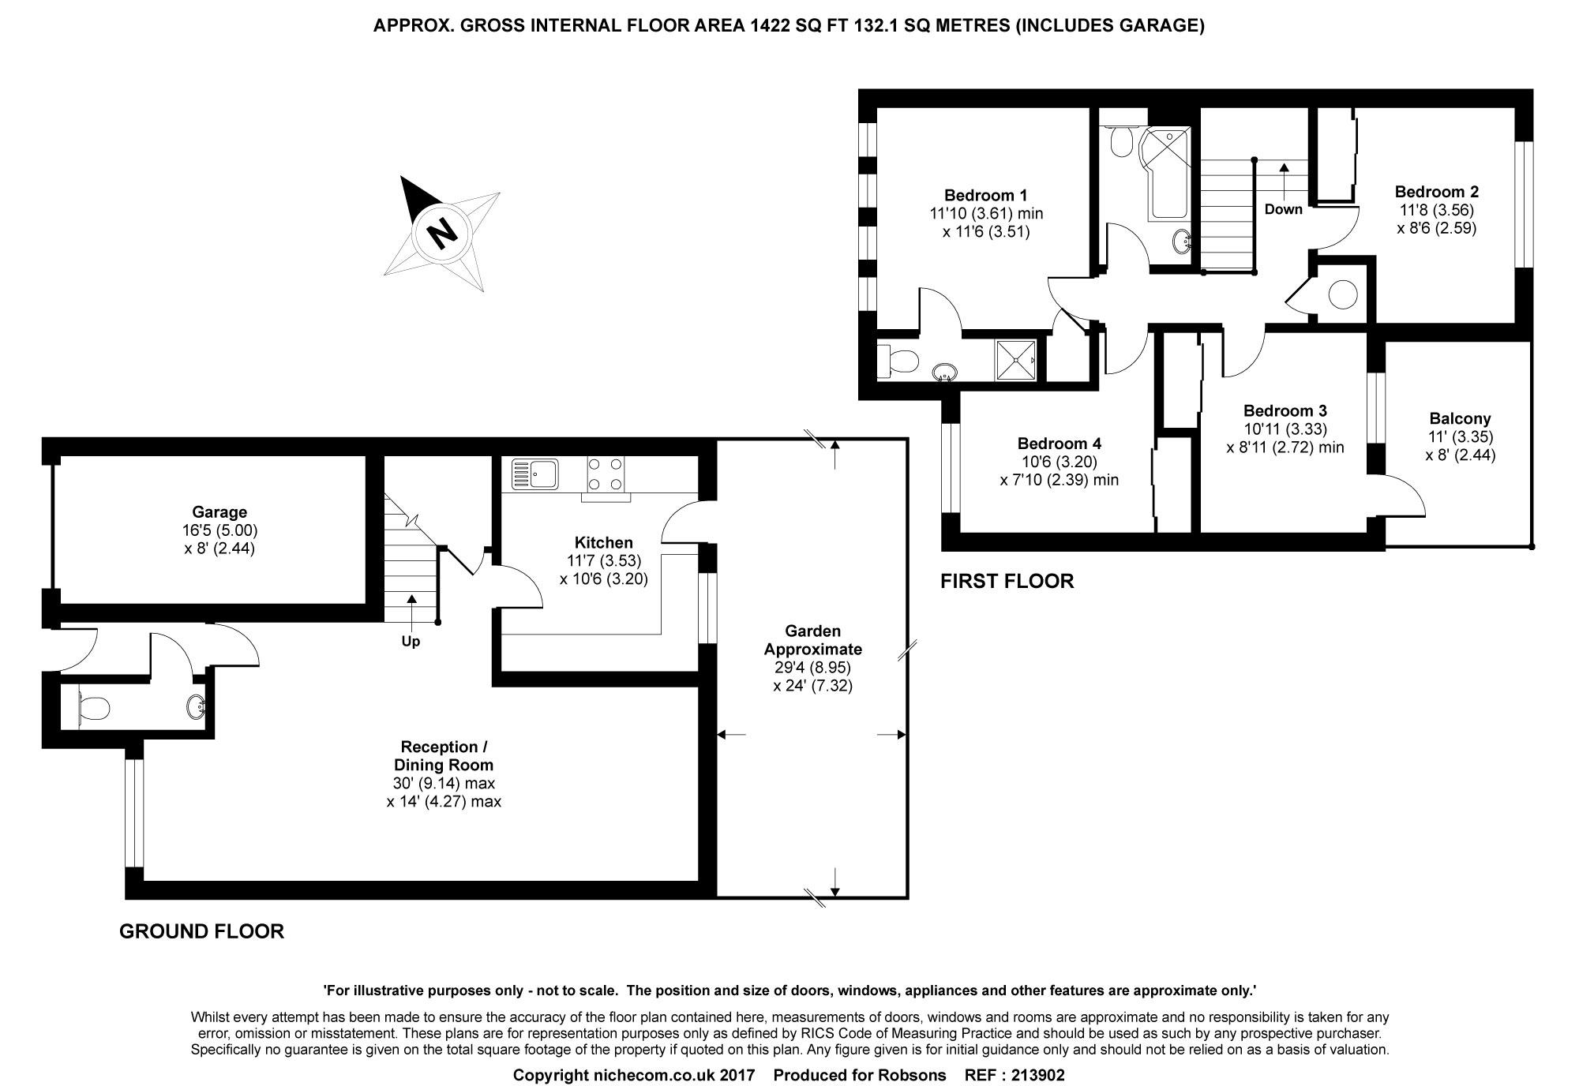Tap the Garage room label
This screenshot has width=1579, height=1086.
219,512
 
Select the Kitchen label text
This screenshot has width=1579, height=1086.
604,543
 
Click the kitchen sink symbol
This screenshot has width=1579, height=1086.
534,474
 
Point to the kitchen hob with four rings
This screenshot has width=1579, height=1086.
606,474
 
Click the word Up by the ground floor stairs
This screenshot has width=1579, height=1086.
411,642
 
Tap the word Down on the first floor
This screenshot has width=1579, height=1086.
1284,209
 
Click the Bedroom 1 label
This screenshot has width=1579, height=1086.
986,195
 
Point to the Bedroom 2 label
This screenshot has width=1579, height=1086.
1437,192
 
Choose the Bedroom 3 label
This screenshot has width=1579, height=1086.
1285,411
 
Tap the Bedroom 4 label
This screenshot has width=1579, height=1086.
1060,444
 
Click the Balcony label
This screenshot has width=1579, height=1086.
1461,419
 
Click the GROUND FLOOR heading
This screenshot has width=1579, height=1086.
202,931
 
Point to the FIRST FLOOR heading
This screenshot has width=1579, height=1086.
1007,582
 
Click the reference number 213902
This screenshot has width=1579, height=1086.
1038,1075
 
